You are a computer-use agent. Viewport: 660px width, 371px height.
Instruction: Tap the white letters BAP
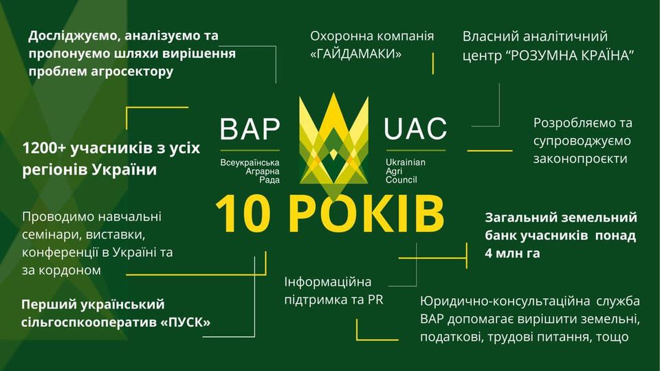pyautogui.click(x=250, y=128)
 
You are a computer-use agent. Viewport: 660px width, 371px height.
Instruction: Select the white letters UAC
pyautogui.click(x=415, y=128)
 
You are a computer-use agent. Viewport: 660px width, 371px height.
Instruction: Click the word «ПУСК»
pyautogui.click(x=185, y=322)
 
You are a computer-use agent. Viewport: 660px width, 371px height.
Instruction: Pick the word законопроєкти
pyautogui.click(x=580, y=159)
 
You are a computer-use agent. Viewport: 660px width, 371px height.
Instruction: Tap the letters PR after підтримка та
pyautogui.click(x=375, y=300)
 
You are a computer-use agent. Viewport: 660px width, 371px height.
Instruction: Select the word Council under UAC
pyautogui.click(x=401, y=180)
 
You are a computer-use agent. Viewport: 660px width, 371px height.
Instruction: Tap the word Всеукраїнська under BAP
pyautogui.click(x=250, y=162)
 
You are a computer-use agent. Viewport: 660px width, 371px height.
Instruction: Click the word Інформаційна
pyautogui.click(x=327, y=282)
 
